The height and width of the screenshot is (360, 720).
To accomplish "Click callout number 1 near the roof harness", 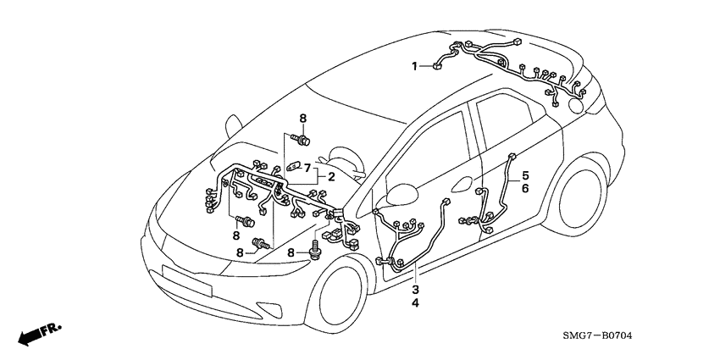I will [415, 65].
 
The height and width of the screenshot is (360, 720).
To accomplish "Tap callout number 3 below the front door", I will [415, 291].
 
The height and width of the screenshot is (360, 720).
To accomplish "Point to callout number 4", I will [415, 303].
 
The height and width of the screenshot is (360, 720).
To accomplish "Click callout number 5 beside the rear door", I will [525, 176].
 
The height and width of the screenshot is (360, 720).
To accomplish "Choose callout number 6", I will [525, 189].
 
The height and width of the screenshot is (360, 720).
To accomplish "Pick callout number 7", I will [307, 169].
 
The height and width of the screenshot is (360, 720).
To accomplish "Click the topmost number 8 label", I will [302, 117].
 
